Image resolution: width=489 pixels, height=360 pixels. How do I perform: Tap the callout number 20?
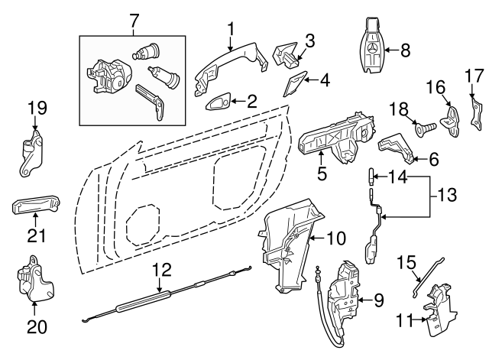pyautogui.click(x=37, y=327)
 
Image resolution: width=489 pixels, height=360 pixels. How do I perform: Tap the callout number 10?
pyautogui.click(x=337, y=238)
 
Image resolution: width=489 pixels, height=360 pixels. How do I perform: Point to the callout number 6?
pyautogui.click(x=434, y=161)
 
